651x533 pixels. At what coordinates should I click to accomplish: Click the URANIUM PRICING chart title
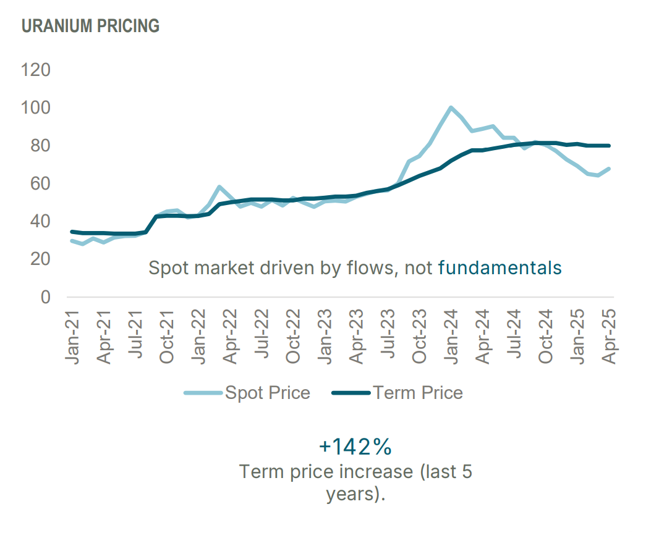coord(90,26)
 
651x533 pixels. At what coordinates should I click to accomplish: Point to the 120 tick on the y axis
coord(36,70)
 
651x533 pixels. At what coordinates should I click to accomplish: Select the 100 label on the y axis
coord(36,108)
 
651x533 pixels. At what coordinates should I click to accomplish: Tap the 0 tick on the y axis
coord(45,297)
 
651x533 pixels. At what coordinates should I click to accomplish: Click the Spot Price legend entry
coord(267,393)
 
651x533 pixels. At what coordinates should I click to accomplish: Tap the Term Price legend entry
coord(418,393)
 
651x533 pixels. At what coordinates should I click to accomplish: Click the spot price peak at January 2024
coord(451,108)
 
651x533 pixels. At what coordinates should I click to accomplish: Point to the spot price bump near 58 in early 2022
coord(219,187)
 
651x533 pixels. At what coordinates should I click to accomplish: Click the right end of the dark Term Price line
coord(609,146)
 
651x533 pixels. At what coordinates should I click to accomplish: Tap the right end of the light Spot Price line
coord(609,169)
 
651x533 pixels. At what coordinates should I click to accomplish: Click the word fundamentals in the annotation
coord(500,268)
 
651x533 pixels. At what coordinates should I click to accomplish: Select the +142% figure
coord(355,446)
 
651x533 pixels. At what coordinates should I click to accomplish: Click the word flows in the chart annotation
coord(377,268)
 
